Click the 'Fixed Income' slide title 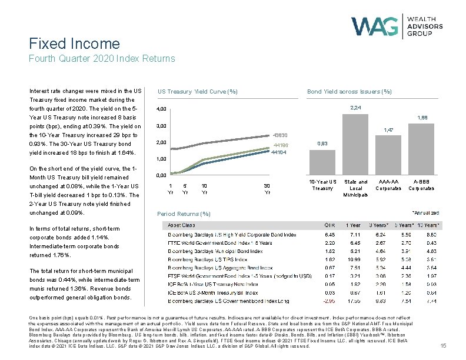click(74, 44)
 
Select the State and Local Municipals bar click(355, 142)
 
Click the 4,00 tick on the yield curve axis click(161, 109)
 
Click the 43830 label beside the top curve click(279, 135)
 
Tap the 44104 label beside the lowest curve click(278, 152)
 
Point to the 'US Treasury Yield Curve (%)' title click(197, 91)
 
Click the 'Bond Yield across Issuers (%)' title click(349, 91)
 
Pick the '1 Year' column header click(354, 225)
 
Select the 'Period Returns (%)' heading click(184, 214)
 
